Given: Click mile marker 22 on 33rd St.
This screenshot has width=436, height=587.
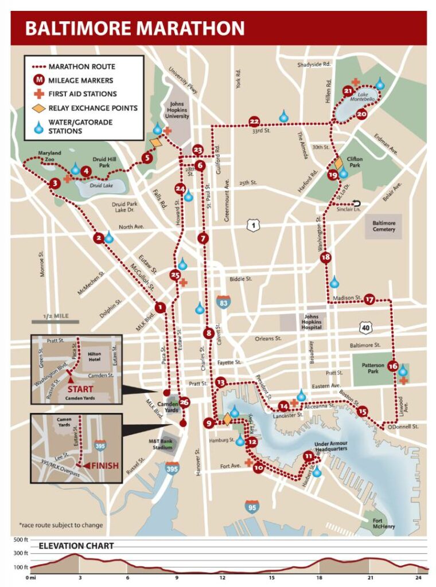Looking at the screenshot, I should pyautogui.click(x=254, y=121).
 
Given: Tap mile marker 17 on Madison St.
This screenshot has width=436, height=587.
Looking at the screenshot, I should pyautogui.click(x=369, y=299).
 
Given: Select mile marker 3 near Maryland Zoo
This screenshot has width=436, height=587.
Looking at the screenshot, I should pyautogui.click(x=55, y=183).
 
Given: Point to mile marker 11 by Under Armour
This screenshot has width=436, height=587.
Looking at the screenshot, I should pyautogui.click(x=309, y=456).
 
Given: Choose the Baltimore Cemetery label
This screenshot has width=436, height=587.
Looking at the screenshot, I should pyautogui.click(x=384, y=226).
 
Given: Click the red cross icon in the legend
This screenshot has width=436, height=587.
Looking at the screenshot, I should pyautogui.click(x=39, y=94).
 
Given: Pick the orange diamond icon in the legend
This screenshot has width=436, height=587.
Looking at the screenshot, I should pyautogui.click(x=39, y=108).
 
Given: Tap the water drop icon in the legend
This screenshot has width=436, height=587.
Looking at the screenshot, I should pyautogui.click(x=39, y=126).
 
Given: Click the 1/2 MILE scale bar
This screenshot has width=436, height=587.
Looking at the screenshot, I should pyautogui.click(x=55, y=322).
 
